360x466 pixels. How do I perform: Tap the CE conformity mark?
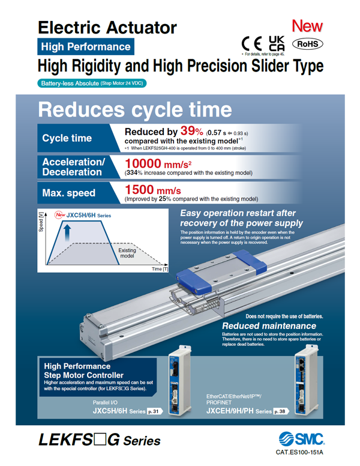252,44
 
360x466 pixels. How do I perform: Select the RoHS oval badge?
307,44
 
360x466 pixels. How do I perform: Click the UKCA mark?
277,44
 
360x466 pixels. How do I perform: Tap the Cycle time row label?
67,139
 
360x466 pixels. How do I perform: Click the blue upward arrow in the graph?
68,233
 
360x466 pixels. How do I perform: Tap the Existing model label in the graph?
127,253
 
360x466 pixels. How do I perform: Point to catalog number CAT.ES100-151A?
299,452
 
